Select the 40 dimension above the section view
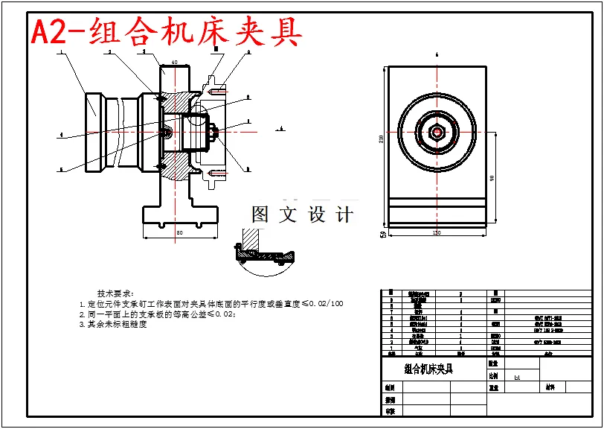point(174,63)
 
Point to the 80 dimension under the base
point(179,233)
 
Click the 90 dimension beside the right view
point(492,179)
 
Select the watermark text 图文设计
point(302,214)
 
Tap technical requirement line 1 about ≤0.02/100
point(211,304)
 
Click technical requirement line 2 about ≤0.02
point(158,314)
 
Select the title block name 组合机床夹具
point(428,369)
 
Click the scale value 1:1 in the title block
point(517,378)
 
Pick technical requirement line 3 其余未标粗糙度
point(118,325)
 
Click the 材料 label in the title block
point(550,387)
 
